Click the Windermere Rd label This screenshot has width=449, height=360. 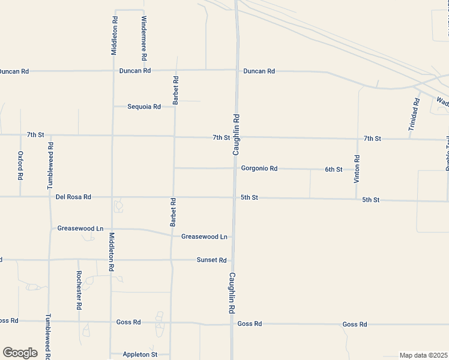coord(144,38)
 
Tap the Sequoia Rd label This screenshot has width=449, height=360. coord(144,107)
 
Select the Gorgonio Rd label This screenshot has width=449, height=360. coord(259,169)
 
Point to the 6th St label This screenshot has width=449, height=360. coord(334,169)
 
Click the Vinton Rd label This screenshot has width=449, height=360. coord(357,169)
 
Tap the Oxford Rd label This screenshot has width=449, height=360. coord(20,165)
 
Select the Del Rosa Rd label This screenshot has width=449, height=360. coord(73,197)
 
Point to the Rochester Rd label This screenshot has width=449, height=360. coord(79,290)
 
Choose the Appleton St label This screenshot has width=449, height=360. coord(140,355)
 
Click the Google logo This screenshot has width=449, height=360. coord(20,353)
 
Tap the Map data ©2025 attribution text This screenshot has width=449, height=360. coord(424,355)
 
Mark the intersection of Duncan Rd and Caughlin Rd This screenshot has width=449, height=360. coord(237,70)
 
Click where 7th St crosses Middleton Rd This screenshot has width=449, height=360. coord(113,135)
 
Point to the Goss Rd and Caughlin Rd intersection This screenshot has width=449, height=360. coord(232,324)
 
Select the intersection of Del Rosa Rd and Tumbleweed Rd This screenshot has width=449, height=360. coord(50,196)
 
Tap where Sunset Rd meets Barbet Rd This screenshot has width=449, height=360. coord(172,260)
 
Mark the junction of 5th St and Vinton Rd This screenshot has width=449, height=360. coord(357,199)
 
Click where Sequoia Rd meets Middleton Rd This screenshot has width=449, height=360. coord(113,106)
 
